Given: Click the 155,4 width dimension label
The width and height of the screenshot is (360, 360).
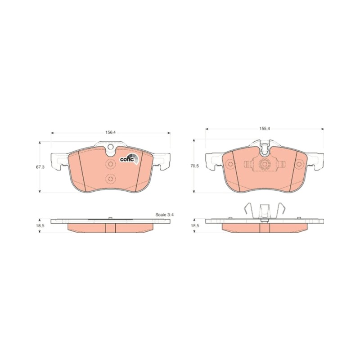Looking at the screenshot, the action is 265,129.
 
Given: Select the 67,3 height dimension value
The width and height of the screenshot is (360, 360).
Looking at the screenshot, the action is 40,167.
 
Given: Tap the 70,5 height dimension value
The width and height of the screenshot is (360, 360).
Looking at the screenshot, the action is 195,166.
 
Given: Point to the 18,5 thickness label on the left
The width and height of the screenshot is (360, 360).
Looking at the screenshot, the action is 40,225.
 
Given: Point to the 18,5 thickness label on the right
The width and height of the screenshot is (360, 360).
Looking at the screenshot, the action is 195,225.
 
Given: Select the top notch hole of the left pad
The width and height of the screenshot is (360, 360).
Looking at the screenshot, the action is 111,147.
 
